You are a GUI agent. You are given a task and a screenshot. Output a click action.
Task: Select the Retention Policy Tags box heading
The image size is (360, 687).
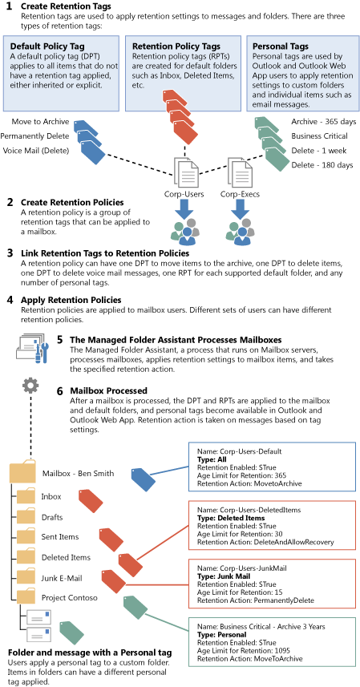176,46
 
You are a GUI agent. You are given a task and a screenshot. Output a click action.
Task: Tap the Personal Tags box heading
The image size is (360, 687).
281,46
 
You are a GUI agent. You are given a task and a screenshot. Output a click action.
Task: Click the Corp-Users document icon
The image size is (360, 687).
187,172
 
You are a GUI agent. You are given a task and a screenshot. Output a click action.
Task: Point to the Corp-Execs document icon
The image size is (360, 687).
240,172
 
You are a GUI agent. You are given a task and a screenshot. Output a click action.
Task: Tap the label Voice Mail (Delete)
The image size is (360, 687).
35,151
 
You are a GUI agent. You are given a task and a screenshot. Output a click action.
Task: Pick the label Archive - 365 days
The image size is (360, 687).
324,121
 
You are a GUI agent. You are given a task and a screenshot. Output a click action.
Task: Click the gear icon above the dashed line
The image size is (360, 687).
30,386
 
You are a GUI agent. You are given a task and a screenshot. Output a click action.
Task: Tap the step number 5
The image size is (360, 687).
60,340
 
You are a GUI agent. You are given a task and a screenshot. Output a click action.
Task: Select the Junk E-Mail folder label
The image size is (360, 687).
62,578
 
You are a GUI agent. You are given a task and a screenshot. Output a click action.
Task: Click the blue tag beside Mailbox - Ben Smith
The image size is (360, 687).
144,479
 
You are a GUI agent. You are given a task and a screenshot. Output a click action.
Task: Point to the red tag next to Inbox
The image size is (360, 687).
91,502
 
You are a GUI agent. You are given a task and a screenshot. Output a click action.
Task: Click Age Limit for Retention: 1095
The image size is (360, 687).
244,651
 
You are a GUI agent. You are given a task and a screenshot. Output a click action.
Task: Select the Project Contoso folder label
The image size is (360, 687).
70,598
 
